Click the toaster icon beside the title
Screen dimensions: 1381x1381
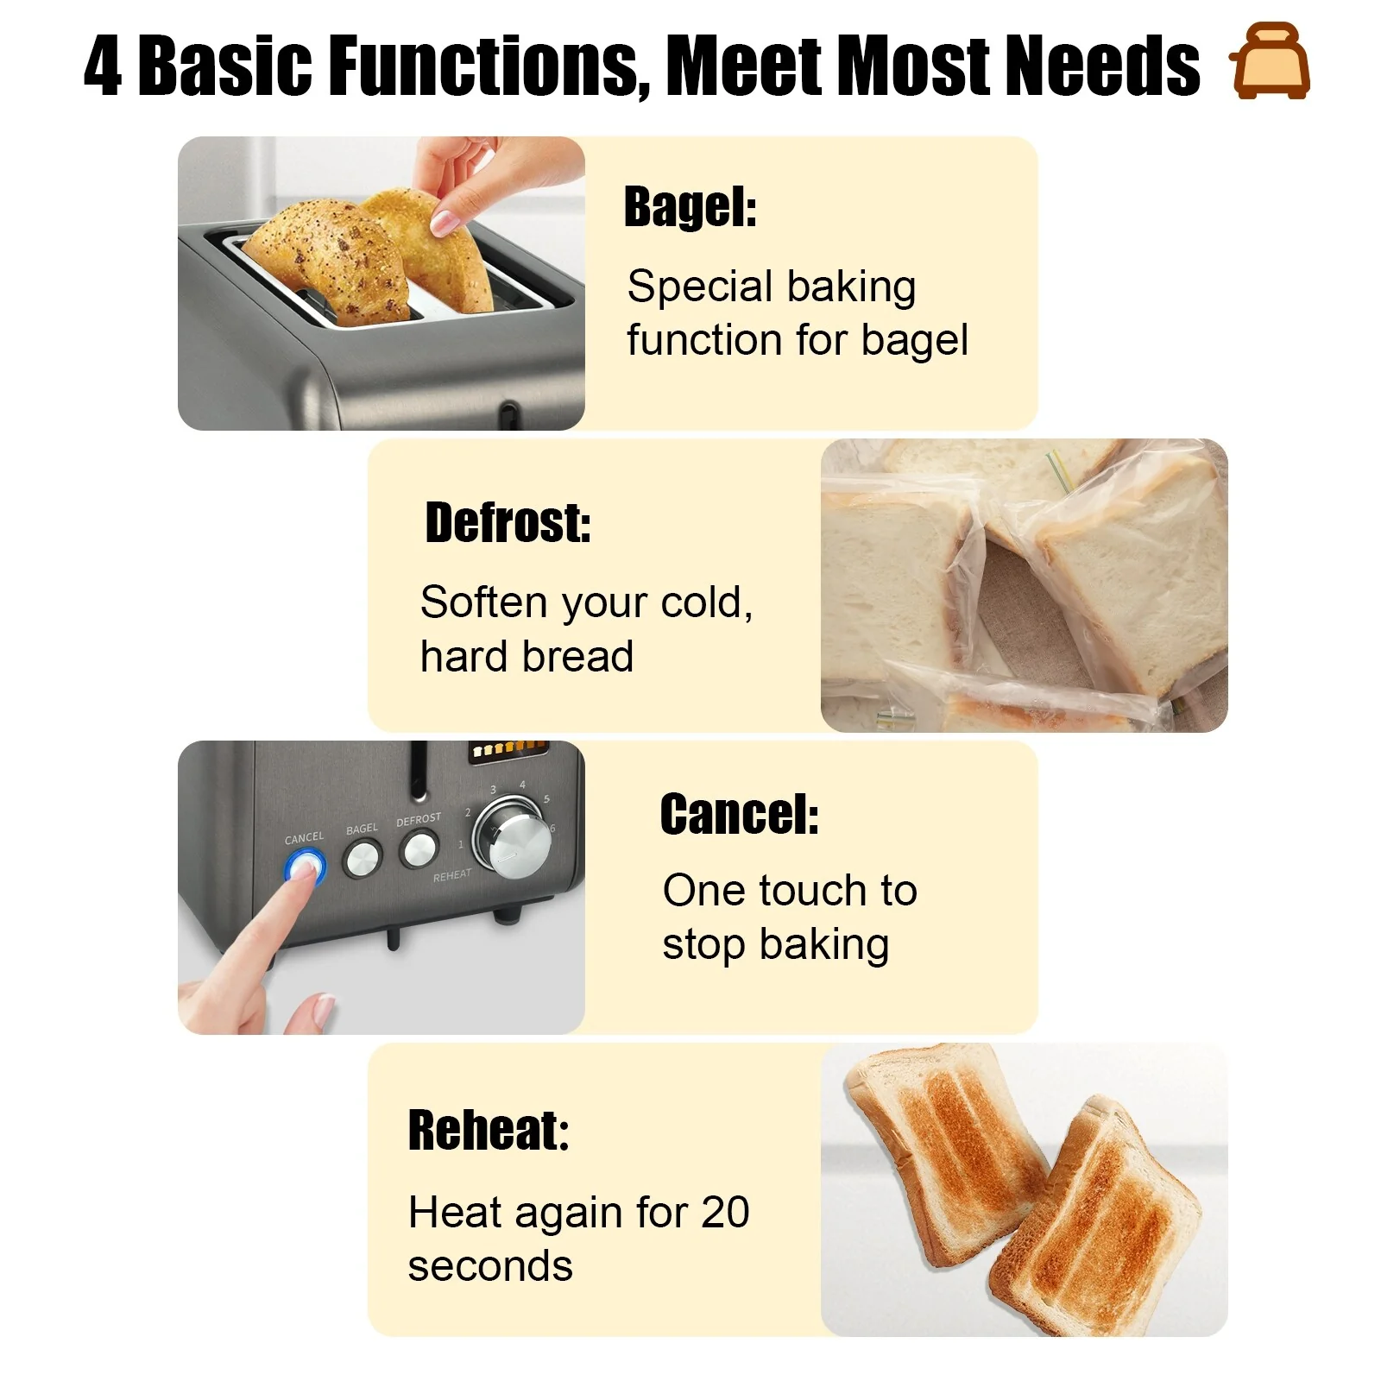[1270, 62]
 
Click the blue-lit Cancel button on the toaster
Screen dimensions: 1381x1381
[305, 866]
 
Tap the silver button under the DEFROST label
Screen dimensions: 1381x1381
[419, 849]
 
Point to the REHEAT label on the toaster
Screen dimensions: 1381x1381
[452, 875]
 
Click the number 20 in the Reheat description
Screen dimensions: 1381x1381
[725, 1212]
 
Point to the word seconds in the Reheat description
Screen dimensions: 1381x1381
[489, 1266]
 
